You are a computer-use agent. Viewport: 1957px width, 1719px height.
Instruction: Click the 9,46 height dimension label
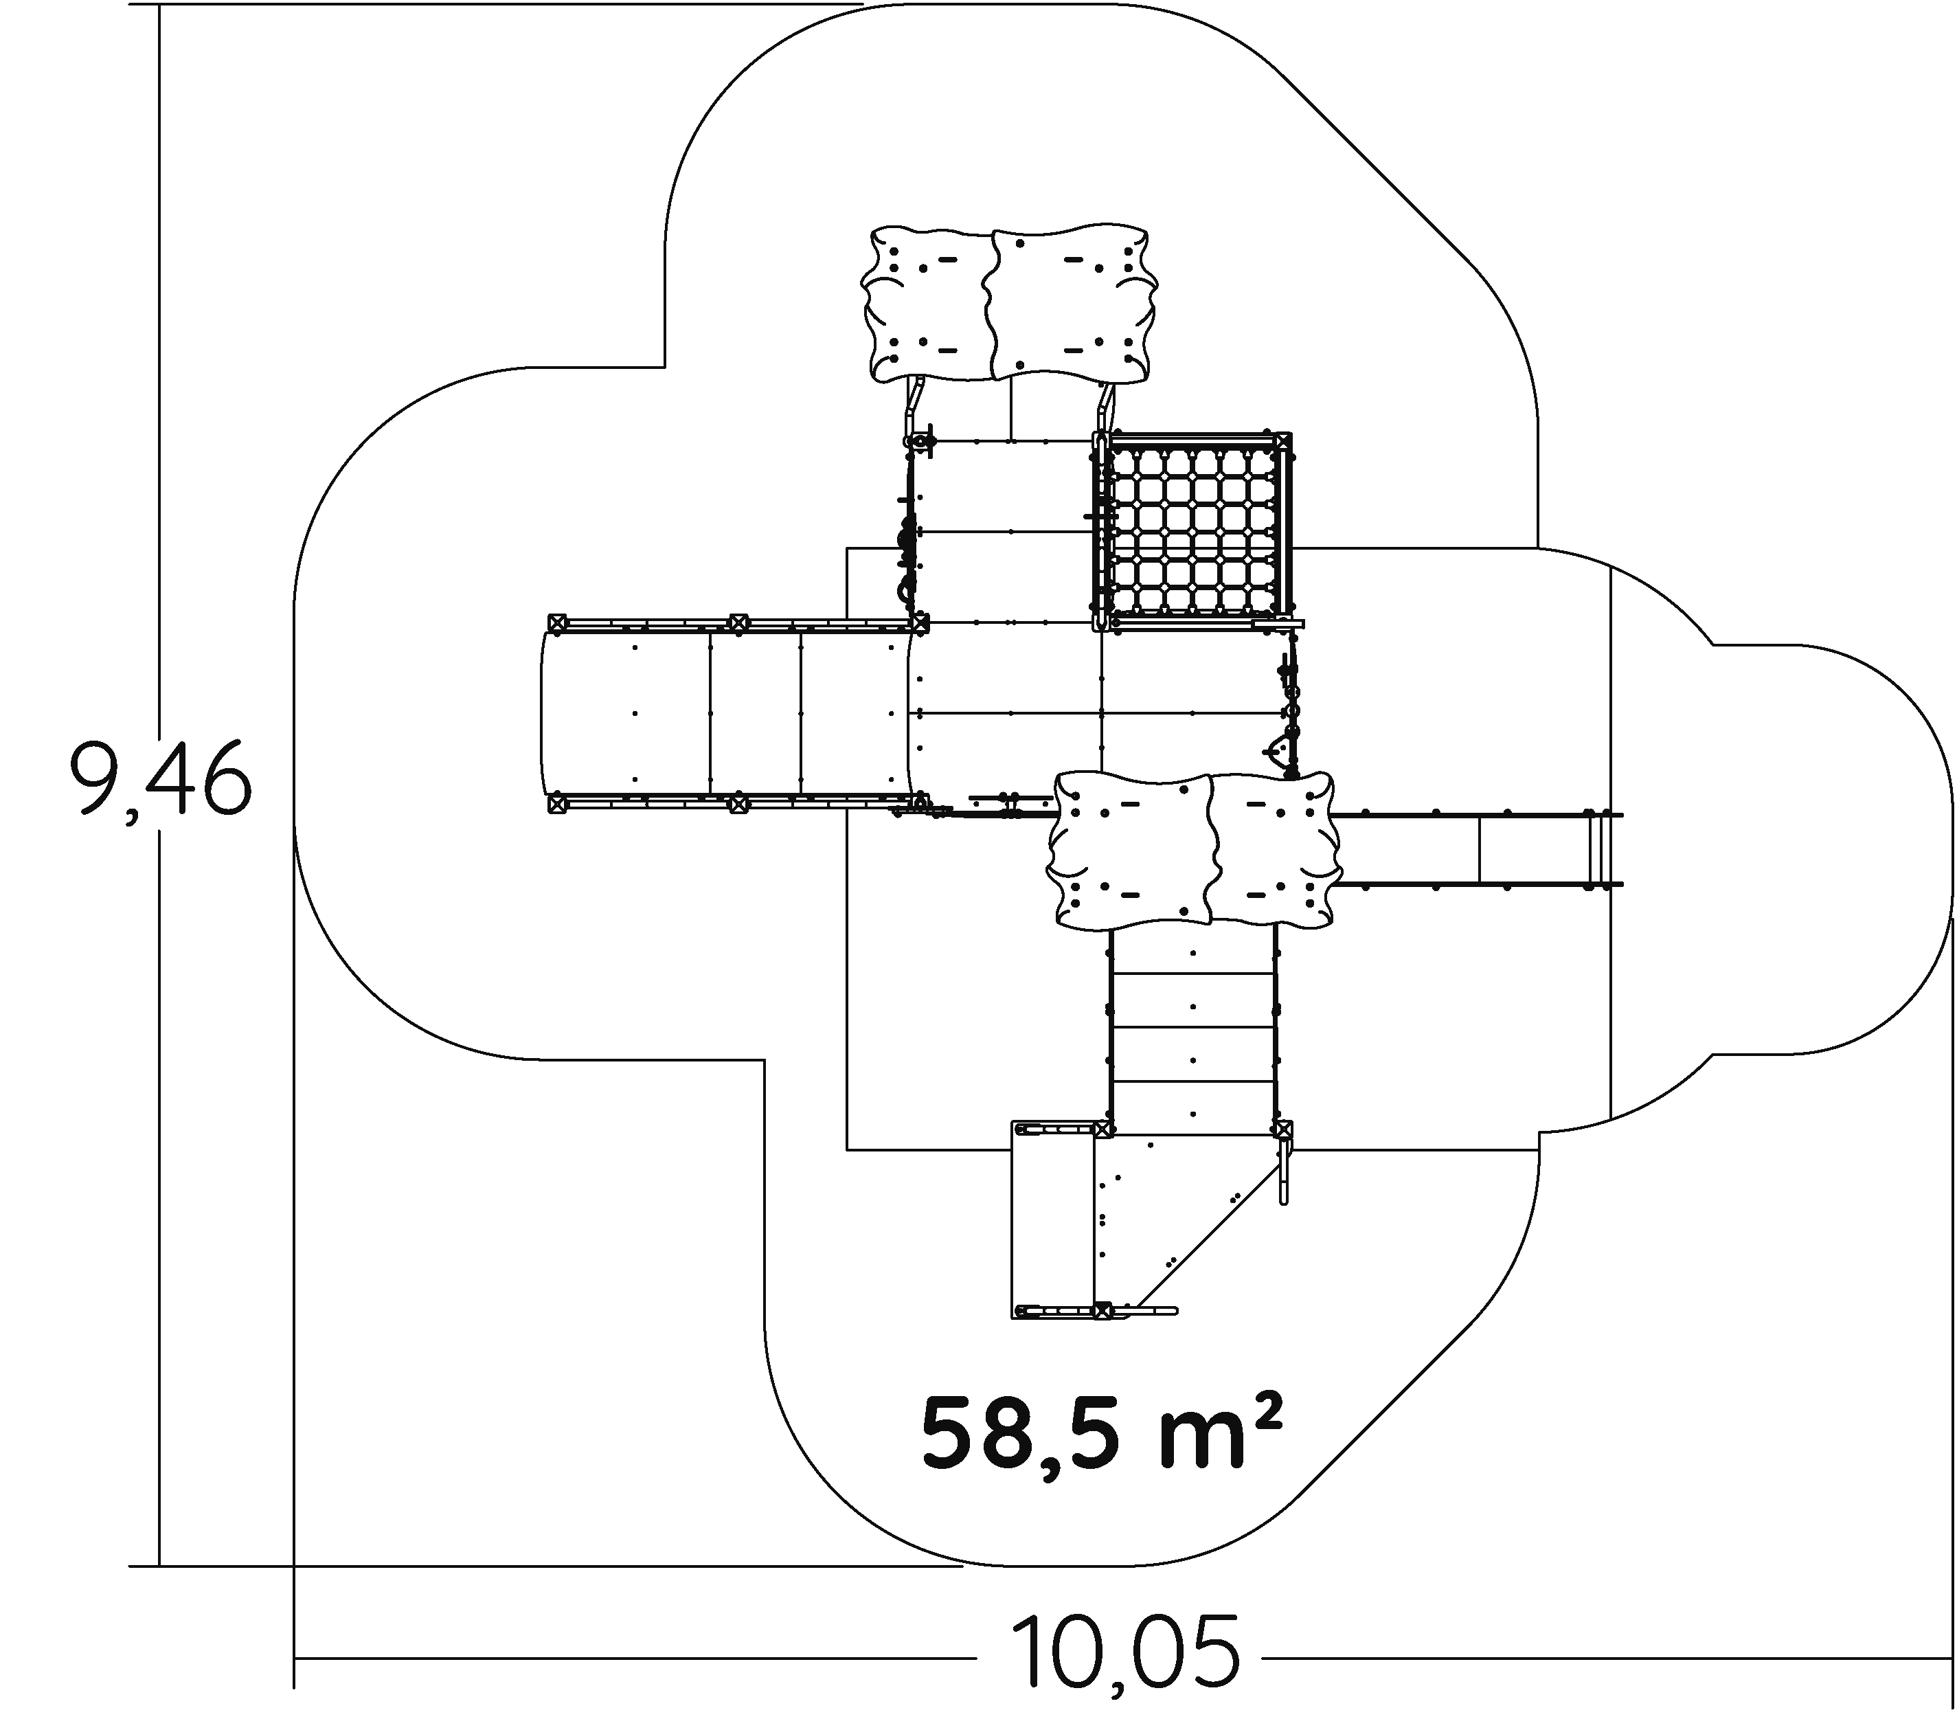(x=161, y=780)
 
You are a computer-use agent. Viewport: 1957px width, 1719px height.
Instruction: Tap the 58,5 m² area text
(x=1101, y=1434)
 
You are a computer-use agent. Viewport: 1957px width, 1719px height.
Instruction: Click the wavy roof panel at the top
(x=1009, y=304)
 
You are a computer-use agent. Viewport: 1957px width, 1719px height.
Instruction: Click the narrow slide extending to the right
(x=1479, y=849)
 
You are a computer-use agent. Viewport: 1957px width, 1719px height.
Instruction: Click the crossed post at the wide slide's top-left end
(x=557, y=622)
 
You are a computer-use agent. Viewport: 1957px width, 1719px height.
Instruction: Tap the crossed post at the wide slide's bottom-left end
(x=556, y=805)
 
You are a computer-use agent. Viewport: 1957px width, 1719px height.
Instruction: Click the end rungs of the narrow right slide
(x=1595, y=849)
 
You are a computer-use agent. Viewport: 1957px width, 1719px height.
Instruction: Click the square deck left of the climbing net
(x=1006, y=532)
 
